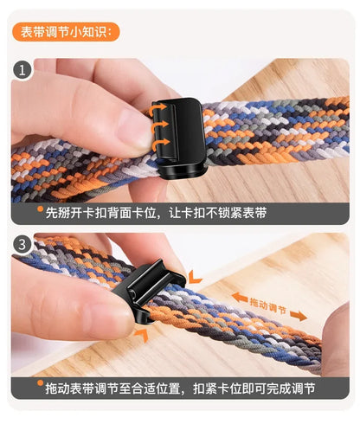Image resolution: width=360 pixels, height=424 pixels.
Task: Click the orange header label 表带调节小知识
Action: tap(68, 32)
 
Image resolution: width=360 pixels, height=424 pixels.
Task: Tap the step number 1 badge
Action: tap(22, 70)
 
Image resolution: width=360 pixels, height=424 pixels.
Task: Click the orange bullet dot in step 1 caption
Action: tap(40, 210)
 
